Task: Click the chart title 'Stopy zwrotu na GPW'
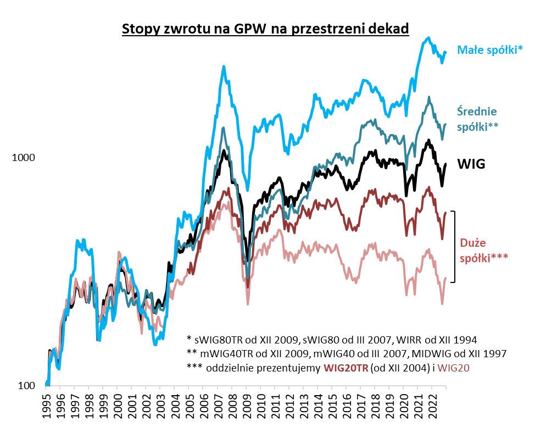click(265, 28)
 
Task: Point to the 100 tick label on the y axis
click(26, 385)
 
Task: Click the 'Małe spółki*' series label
click(491, 50)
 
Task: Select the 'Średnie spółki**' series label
click(478, 118)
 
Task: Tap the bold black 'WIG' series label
click(471, 164)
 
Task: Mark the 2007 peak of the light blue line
click(224, 66)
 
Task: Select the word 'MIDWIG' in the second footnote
click(425, 353)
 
